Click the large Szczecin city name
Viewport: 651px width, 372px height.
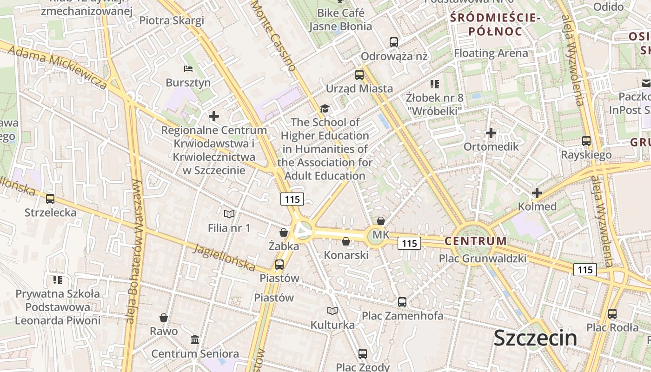pyautogui.click(x=535, y=338)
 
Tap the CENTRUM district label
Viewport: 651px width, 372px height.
pyautogui.click(x=475, y=241)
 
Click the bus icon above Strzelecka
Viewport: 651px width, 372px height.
pyautogui.click(x=50, y=199)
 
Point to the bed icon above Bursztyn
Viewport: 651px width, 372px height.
pyautogui.click(x=188, y=69)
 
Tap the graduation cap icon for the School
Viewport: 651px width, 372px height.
pyautogui.click(x=325, y=109)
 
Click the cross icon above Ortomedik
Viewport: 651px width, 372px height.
pyautogui.click(x=491, y=133)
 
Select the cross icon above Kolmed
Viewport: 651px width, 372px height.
pyautogui.click(x=537, y=193)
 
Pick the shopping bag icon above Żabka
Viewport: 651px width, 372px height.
pyautogui.click(x=284, y=232)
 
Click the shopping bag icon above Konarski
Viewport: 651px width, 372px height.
pyautogui.click(x=346, y=241)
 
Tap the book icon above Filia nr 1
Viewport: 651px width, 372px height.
pyautogui.click(x=229, y=214)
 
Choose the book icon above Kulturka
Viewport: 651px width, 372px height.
pyautogui.click(x=332, y=311)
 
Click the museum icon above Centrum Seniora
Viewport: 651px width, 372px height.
pyautogui.click(x=195, y=340)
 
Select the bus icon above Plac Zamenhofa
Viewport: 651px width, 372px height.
pyautogui.click(x=402, y=302)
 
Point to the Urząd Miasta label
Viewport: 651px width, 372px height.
pyautogui.click(x=359, y=88)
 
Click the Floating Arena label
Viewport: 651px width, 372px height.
pyautogui.click(x=491, y=53)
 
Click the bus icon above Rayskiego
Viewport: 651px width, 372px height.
pyautogui.click(x=586, y=141)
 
